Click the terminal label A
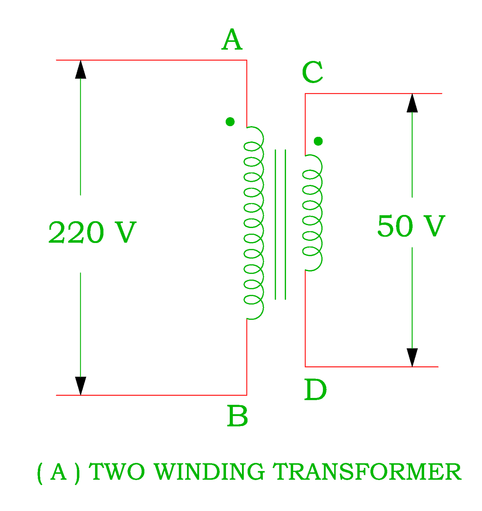(232, 40)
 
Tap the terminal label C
(312, 72)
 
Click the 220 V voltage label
(92, 233)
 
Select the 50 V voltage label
(411, 226)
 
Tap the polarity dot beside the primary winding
(230, 122)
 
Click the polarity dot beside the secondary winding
(318, 141)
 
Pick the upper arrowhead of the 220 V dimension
(81, 70)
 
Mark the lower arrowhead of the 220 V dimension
(81, 385)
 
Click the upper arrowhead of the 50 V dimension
(412, 103)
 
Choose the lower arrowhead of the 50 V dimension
(412, 357)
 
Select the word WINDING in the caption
(209, 471)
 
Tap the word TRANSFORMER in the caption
(367, 471)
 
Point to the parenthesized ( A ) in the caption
(58, 472)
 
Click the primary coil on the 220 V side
(254, 223)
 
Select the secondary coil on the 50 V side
(312, 213)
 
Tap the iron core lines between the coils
(280, 224)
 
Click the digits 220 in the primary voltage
(76, 233)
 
